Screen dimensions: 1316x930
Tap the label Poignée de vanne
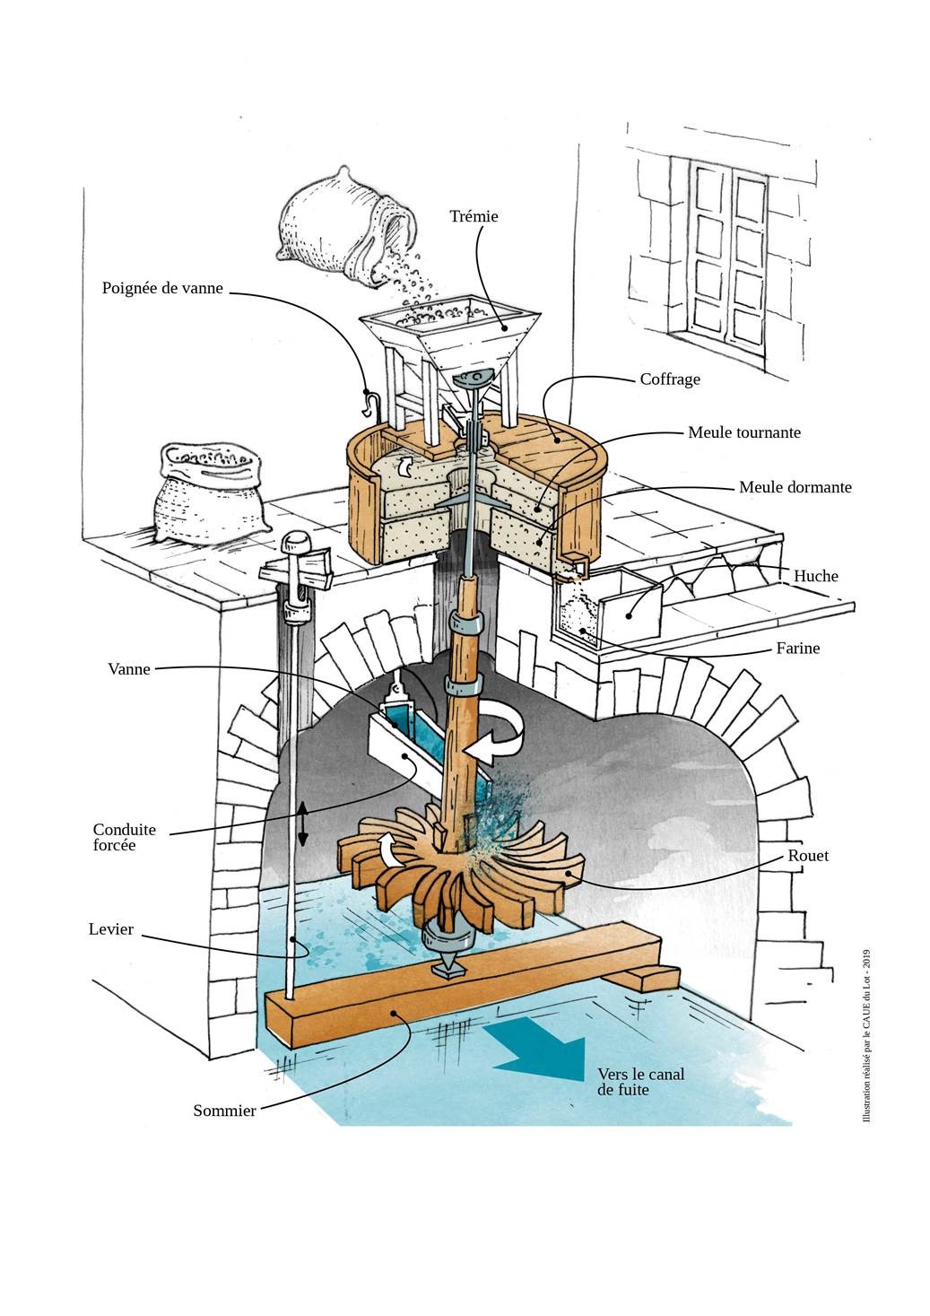point(161,288)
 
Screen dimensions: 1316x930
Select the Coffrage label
point(669,379)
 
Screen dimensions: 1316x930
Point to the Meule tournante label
point(743,432)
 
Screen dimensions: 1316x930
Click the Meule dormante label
point(795,487)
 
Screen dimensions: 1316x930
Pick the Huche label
point(815,576)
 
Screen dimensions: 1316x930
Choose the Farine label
point(798,648)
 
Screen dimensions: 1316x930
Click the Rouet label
point(808,856)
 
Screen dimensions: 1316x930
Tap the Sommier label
point(224,1111)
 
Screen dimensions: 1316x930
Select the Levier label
point(111,929)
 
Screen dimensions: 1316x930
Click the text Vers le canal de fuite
point(622,1083)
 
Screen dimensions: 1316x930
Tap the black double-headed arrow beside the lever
point(303,824)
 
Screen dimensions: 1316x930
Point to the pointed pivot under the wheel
point(446,968)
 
